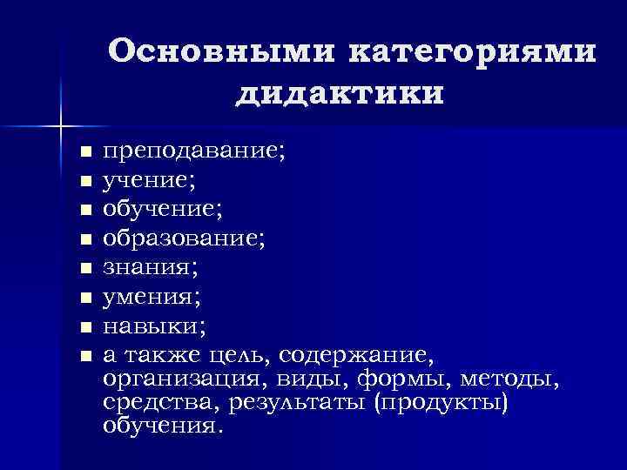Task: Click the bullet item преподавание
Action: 193,153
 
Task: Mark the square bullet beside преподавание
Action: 84,154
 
